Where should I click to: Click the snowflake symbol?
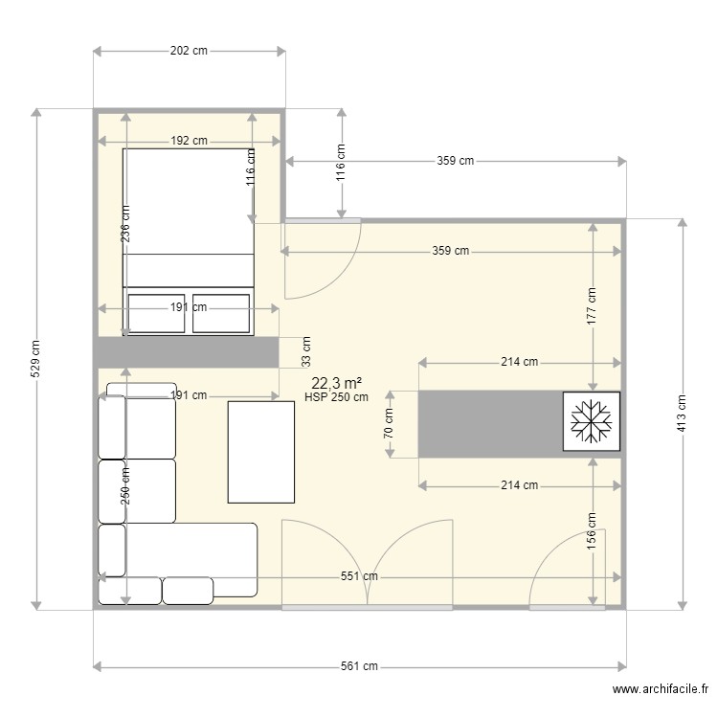coord(591,421)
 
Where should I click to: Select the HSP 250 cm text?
coord(336,397)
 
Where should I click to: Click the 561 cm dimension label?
coord(360,666)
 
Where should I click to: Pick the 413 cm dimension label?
coord(682,413)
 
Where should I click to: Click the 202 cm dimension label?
coord(189,51)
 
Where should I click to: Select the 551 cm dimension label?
coord(360,576)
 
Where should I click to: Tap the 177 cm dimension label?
coord(593,305)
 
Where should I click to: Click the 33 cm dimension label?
coord(306,351)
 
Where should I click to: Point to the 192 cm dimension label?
coord(189,141)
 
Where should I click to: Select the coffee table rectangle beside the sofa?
coord(260,452)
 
